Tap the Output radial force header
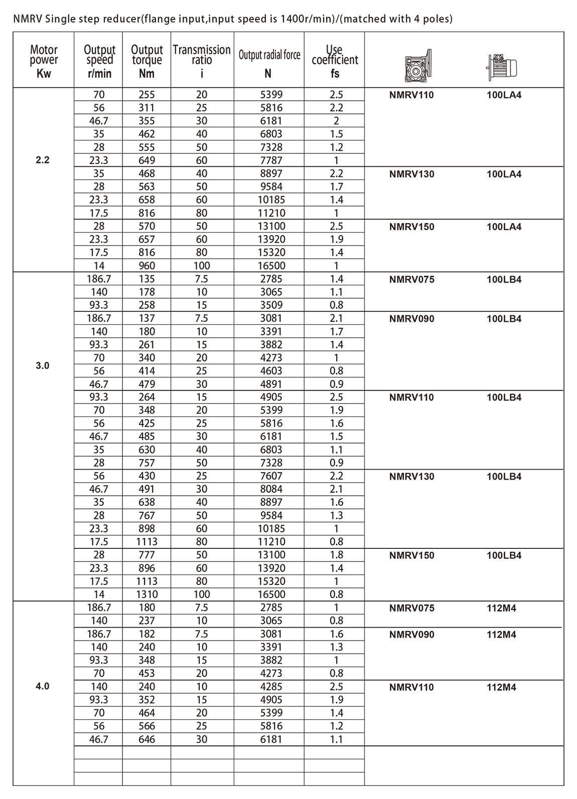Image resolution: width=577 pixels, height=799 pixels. (269, 55)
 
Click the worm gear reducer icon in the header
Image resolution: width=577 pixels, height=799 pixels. (417, 66)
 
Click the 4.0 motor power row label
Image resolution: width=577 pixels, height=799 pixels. (43, 686)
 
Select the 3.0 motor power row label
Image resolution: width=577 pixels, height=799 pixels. (43, 365)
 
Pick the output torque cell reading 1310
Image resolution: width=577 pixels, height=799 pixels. (147, 594)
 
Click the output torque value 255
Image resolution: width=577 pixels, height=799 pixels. (147, 95)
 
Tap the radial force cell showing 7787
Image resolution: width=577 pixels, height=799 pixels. (271, 160)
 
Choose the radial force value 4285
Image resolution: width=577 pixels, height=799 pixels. (271, 686)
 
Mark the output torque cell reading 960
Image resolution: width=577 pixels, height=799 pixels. (147, 266)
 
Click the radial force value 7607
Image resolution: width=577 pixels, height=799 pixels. (271, 476)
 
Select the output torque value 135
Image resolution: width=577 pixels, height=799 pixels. (147, 279)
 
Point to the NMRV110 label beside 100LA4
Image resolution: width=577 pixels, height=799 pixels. (411, 95)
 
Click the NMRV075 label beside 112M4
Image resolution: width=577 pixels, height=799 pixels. (411, 608)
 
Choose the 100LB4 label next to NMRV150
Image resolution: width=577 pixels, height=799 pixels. (504, 555)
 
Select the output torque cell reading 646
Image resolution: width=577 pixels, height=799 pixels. (147, 739)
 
